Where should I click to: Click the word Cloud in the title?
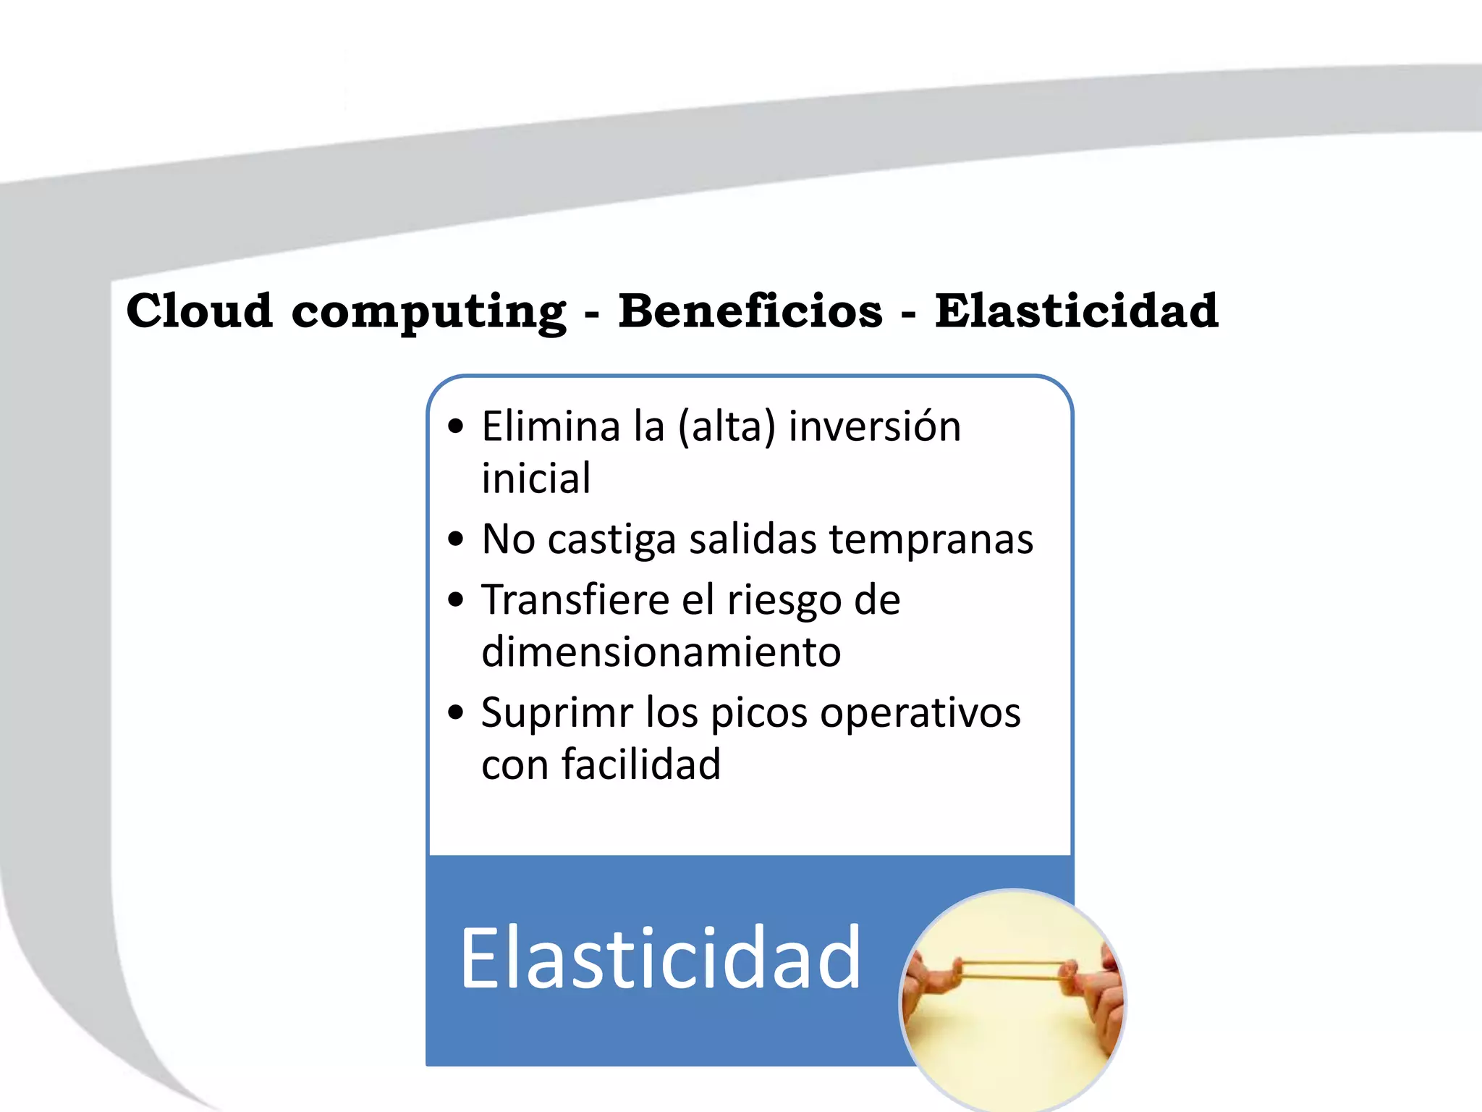tap(199, 311)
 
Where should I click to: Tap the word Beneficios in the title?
tap(750, 311)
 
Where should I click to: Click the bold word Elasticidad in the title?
tap(1076, 311)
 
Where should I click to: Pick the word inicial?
tap(536, 478)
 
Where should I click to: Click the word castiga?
tap(611, 540)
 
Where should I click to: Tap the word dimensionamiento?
tap(661, 652)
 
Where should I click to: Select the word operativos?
tap(920, 713)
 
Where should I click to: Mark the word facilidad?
tap(641, 764)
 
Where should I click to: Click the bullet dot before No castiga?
tap(455, 539)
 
